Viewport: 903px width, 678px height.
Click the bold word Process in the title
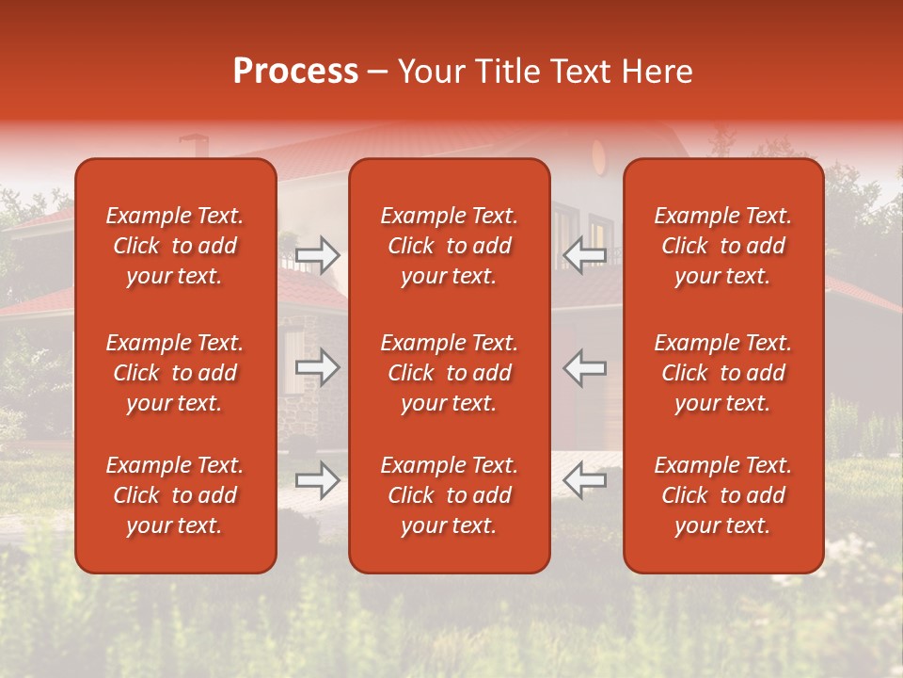tap(295, 72)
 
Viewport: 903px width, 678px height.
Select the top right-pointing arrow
tap(317, 255)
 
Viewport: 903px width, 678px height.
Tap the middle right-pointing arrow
tap(317, 367)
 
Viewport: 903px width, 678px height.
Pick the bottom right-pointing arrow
tap(317, 480)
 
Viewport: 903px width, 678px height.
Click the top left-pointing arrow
tap(584, 255)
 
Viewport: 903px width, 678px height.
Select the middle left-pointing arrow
tap(584, 367)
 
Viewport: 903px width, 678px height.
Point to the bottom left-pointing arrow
tap(584, 480)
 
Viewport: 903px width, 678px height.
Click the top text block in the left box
tap(175, 246)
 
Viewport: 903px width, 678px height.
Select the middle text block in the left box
tap(175, 373)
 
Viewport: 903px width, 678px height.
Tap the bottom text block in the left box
tap(175, 495)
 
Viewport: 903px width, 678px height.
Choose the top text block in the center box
tap(450, 246)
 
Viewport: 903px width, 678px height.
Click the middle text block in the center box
tap(450, 373)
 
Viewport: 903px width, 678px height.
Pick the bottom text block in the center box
tap(450, 495)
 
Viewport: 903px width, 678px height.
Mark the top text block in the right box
tap(723, 246)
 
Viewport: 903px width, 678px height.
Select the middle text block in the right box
tap(723, 373)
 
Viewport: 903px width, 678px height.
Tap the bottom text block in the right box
tap(723, 495)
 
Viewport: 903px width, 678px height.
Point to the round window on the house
tap(599, 156)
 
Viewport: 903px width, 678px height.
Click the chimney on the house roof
tap(193, 146)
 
